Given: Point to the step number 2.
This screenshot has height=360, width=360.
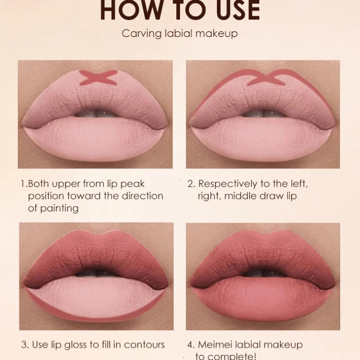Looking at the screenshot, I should [x=191, y=184].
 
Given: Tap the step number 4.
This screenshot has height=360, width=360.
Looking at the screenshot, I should [x=191, y=345].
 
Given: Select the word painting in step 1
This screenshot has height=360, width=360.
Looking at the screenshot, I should [x=58, y=208].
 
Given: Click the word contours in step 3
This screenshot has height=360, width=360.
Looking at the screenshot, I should [x=142, y=345].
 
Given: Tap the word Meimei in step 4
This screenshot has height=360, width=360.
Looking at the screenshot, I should [x=216, y=345].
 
